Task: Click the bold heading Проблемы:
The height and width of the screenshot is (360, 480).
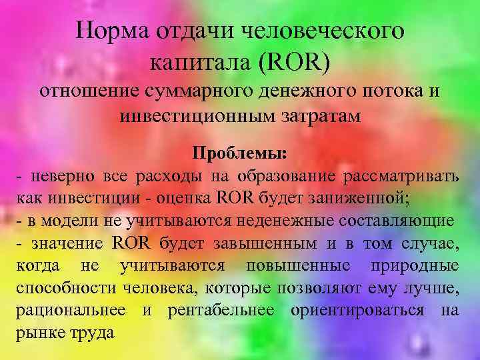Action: click(x=240, y=153)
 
